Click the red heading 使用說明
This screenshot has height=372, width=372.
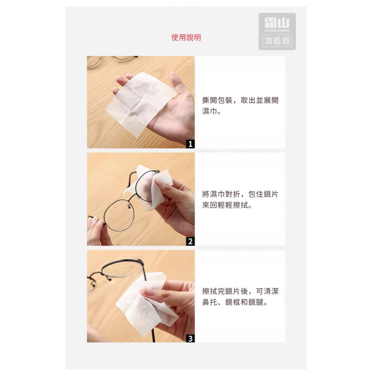[186, 37]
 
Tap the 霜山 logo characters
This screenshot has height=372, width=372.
[277, 23]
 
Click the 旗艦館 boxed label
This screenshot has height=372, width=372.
[277, 41]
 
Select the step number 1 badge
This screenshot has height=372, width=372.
[190, 144]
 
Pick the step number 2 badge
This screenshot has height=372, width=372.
[190, 241]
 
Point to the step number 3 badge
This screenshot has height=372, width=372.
[190, 338]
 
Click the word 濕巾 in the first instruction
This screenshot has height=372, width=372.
[210, 111]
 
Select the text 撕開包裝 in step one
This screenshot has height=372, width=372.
[217, 100]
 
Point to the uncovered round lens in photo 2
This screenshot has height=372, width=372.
[119, 215]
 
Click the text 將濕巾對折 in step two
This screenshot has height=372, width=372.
[221, 194]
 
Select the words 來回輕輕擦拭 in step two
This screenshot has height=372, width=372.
[225, 205]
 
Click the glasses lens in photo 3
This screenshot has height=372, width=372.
[122, 269]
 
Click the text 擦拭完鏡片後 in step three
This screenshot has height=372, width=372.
[225, 291]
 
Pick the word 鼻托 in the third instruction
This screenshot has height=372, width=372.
[210, 302]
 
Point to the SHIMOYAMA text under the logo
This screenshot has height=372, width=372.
[277, 31]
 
